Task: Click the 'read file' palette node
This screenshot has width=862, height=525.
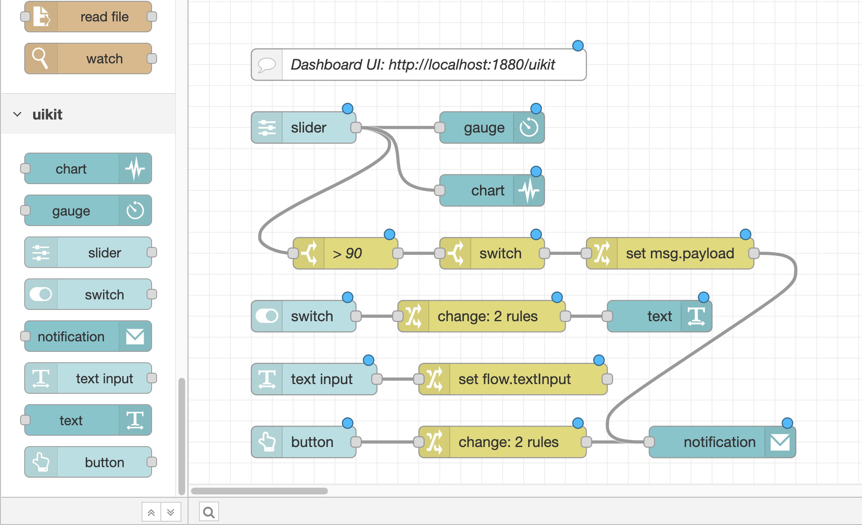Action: click(x=88, y=17)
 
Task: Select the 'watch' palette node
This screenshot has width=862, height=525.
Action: click(x=88, y=59)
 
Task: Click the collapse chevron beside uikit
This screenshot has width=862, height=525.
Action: click(x=17, y=114)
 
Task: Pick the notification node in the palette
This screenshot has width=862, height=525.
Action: click(x=88, y=336)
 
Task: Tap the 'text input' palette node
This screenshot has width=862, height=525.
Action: click(x=88, y=378)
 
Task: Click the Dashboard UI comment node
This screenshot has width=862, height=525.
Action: click(x=419, y=65)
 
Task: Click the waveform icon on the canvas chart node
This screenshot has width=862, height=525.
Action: click(x=529, y=190)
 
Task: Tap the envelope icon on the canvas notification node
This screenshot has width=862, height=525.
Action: click(x=780, y=442)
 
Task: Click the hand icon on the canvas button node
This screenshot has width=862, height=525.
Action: click(x=267, y=442)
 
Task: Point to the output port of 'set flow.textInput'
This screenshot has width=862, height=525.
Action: click(x=607, y=379)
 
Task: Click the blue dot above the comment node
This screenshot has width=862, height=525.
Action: click(x=578, y=46)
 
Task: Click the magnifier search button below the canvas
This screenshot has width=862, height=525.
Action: click(x=209, y=512)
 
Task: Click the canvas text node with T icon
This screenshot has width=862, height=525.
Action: click(x=659, y=316)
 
